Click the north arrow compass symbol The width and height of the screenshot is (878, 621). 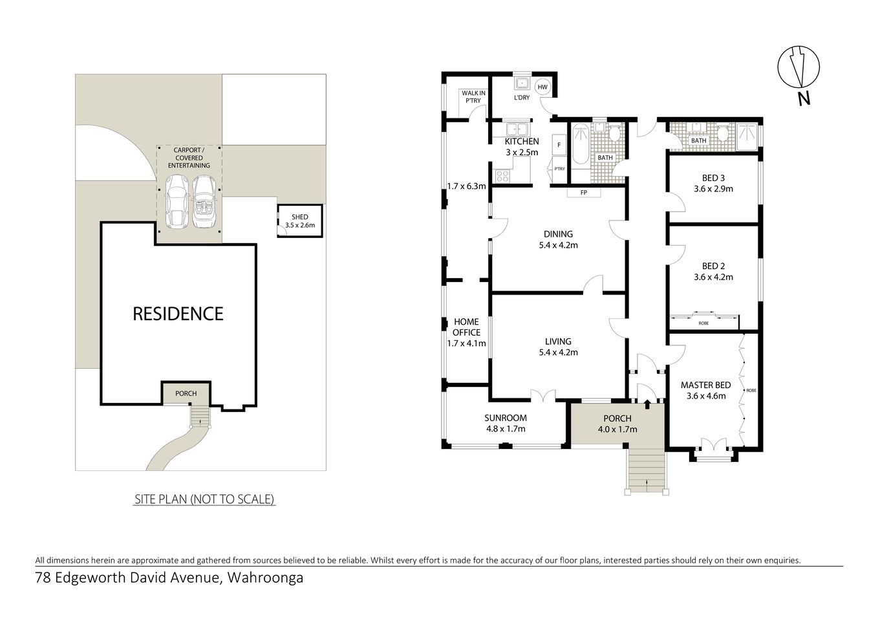[800, 67]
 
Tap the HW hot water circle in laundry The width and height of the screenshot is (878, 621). [542, 87]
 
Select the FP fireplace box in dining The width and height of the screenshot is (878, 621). [583, 193]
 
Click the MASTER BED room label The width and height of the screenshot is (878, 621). [705, 386]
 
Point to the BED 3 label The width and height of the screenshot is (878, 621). [713, 178]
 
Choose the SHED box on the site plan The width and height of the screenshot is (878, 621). [299, 221]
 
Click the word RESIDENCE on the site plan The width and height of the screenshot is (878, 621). [178, 314]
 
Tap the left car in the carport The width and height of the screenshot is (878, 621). [177, 202]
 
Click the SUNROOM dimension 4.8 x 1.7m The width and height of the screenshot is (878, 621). [506, 428]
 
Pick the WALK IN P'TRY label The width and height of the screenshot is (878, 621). [473, 97]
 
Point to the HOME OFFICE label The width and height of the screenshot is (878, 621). [466, 327]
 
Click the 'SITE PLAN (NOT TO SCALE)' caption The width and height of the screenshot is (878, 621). [204, 499]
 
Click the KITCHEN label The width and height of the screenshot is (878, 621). [521, 142]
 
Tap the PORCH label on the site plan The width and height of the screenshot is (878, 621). [186, 393]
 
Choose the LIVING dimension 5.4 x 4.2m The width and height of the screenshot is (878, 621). [558, 353]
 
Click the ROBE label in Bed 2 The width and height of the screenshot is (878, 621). [703, 322]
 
